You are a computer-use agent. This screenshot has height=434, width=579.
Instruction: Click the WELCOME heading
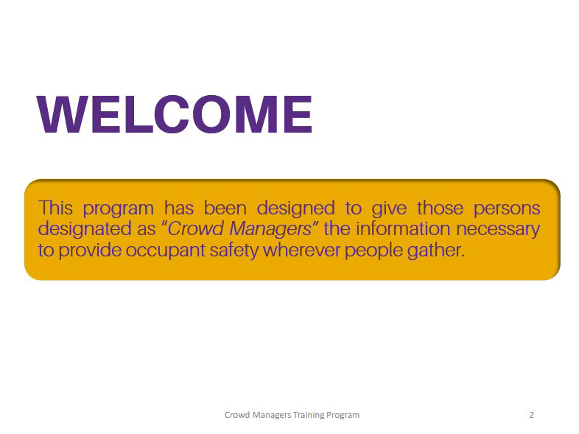[175, 113]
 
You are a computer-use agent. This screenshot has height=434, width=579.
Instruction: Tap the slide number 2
[531, 415]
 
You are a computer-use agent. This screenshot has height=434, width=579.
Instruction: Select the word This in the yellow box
[55, 208]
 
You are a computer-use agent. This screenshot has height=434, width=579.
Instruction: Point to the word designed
[296, 208]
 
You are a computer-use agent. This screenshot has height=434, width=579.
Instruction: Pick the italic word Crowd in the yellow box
[195, 228]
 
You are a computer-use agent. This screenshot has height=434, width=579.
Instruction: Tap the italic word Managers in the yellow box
[270, 229]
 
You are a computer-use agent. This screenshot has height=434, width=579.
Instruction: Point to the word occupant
[165, 251]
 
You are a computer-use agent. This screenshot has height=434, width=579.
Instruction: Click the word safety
[234, 251]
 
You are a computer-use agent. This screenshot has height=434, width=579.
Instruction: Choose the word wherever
[301, 250]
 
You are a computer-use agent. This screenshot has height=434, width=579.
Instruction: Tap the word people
[373, 251]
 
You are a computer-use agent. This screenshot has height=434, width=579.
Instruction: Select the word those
[441, 208]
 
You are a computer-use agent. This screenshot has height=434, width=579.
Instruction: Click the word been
[225, 208]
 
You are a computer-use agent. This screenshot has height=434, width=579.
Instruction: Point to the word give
[389, 209]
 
